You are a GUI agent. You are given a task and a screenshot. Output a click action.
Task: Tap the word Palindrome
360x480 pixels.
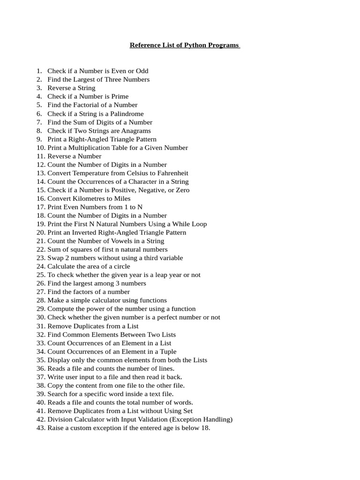(127, 113)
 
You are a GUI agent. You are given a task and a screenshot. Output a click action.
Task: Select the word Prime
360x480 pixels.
(120, 97)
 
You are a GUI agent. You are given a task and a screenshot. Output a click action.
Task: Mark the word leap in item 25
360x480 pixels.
(156, 275)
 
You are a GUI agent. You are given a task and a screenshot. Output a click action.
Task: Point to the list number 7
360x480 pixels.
(39, 122)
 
